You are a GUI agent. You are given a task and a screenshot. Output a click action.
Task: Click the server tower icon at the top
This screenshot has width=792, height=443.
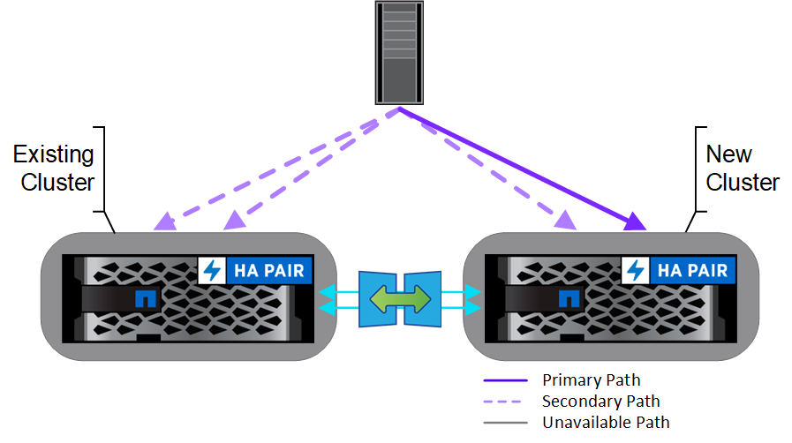coord(397,53)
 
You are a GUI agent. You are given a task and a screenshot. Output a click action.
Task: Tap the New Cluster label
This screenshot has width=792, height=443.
coord(742,169)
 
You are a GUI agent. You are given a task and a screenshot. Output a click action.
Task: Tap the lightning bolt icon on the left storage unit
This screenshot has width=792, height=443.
coord(212,270)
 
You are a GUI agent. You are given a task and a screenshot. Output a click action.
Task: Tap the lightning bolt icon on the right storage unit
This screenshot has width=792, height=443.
coord(635,270)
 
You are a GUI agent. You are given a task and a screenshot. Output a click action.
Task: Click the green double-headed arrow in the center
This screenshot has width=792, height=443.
coord(399,297)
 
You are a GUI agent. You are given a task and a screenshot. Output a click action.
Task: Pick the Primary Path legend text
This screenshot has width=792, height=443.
coord(591,380)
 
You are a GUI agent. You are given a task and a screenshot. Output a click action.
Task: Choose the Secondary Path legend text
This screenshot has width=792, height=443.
coord(600,402)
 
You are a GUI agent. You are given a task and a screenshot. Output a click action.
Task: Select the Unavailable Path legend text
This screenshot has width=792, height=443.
coord(606,422)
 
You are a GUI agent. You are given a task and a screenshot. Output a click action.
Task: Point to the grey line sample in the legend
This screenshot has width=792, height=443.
coord(505,423)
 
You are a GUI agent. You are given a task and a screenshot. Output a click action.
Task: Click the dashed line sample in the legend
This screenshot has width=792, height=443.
coord(505,402)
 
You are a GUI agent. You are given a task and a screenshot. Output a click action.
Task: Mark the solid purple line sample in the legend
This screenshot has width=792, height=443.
coord(505,380)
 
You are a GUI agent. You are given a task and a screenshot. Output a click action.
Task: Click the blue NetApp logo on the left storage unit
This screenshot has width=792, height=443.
coord(142,299)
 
